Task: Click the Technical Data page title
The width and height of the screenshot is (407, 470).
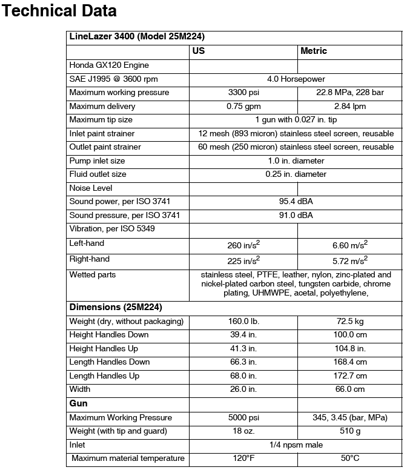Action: tap(60, 11)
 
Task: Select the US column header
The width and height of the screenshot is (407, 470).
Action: tap(199, 51)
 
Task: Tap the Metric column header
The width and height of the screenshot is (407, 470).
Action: tap(314, 51)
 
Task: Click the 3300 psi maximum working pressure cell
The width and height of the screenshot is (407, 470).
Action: tap(243, 93)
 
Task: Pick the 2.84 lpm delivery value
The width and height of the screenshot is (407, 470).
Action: tap(349, 107)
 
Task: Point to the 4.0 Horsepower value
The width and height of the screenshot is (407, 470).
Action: tap(296, 79)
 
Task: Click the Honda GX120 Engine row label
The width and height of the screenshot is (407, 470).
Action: tap(109, 65)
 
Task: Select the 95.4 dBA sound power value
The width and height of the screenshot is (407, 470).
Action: tap(296, 202)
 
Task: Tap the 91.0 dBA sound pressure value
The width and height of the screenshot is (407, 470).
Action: tap(296, 216)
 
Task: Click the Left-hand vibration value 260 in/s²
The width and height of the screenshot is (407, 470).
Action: tap(243, 245)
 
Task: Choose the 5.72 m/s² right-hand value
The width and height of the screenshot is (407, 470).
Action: tap(349, 260)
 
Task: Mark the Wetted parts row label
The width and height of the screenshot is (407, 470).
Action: tap(93, 275)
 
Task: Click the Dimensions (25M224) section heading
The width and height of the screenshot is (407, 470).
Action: tap(116, 307)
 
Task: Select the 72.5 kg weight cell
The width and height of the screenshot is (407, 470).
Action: tap(349, 321)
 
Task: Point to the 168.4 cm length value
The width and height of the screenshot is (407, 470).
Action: tap(349, 362)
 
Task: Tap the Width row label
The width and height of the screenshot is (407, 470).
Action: tap(80, 389)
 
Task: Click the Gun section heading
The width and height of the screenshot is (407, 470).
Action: tap(79, 403)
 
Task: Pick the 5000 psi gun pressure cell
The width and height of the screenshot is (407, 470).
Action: tap(243, 418)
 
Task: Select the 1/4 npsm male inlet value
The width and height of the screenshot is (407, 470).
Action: tap(296, 445)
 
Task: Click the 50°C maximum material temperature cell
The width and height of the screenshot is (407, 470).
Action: tap(349, 458)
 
